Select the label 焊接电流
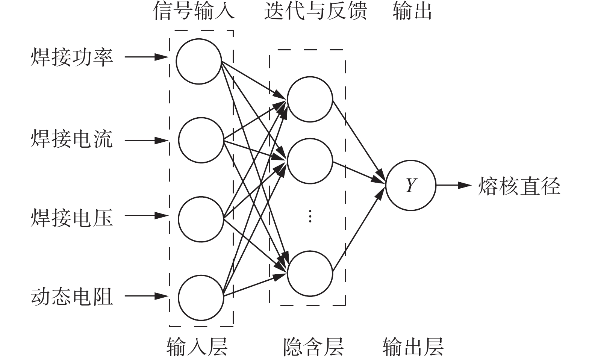tap(71, 140)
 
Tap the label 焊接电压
tap(71, 218)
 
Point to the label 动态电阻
tap(71, 297)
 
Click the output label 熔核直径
tap(519, 186)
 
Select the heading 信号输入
tap(194, 11)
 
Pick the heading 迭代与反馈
tap(315, 11)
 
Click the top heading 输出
tap(412, 11)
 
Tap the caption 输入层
tap(197, 346)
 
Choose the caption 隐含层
tap(313, 346)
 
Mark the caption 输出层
tap(413, 346)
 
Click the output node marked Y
tap(411, 185)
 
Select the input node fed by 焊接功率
tap(199, 61)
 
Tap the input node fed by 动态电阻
tap(201, 298)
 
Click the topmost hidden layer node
tap(310, 99)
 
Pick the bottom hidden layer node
tap(310, 274)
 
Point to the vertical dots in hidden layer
tap(310, 216)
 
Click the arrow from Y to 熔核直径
tap(453, 185)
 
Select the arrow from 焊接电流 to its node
tap(146, 141)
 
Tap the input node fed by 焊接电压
tap(201, 219)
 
